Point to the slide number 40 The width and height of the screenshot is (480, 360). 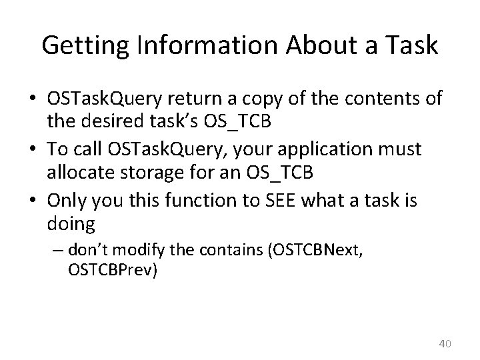(x=446, y=343)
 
